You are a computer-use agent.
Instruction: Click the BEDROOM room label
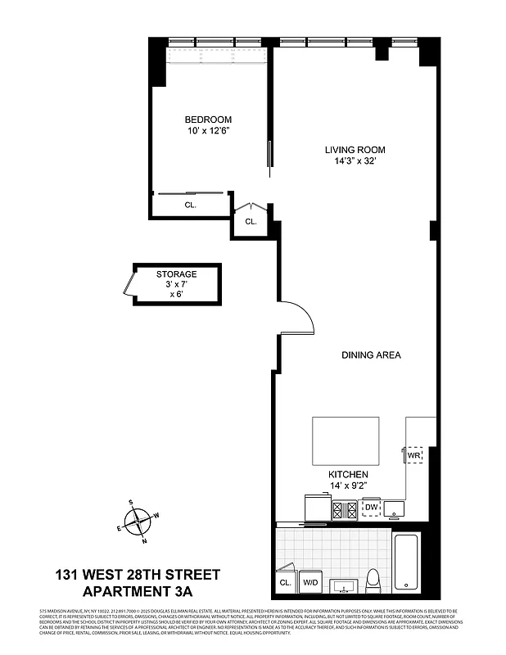tap(208, 119)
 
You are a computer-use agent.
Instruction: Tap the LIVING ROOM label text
tap(354, 149)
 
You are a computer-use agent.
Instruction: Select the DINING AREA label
tap(370, 355)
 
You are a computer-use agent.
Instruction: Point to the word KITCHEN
tap(348, 474)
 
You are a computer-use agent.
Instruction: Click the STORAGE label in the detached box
tap(176, 274)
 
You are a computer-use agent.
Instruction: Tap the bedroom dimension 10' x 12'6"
tap(208, 130)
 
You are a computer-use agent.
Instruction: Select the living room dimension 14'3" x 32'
tap(354, 160)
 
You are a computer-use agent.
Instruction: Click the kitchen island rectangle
tap(346, 440)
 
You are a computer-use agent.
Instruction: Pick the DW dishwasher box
tap(371, 508)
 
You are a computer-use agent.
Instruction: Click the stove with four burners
tap(343, 509)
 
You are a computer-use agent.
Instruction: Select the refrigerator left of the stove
tap(315, 508)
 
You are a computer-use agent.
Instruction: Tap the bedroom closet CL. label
tap(190, 206)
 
